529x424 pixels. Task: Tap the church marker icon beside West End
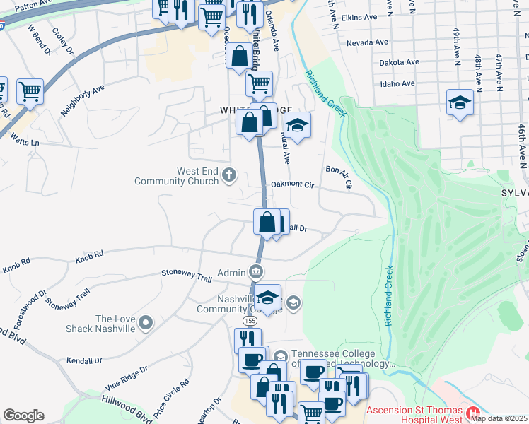(x=228, y=175)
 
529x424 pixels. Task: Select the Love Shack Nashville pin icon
(x=146, y=323)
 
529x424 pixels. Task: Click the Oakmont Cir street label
(x=292, y=185)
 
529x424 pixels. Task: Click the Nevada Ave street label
(x=367, y=42)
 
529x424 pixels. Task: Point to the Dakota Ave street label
(x=380, y=62)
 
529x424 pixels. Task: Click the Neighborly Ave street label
(x=82, y=100)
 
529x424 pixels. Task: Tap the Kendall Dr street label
(x=84, y=360)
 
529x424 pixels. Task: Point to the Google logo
(x=23, y=416)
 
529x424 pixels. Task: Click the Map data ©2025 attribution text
(x=499, y=418)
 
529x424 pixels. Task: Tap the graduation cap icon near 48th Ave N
(x=460, y=104)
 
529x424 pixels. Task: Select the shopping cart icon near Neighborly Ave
(x=30, y=91)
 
